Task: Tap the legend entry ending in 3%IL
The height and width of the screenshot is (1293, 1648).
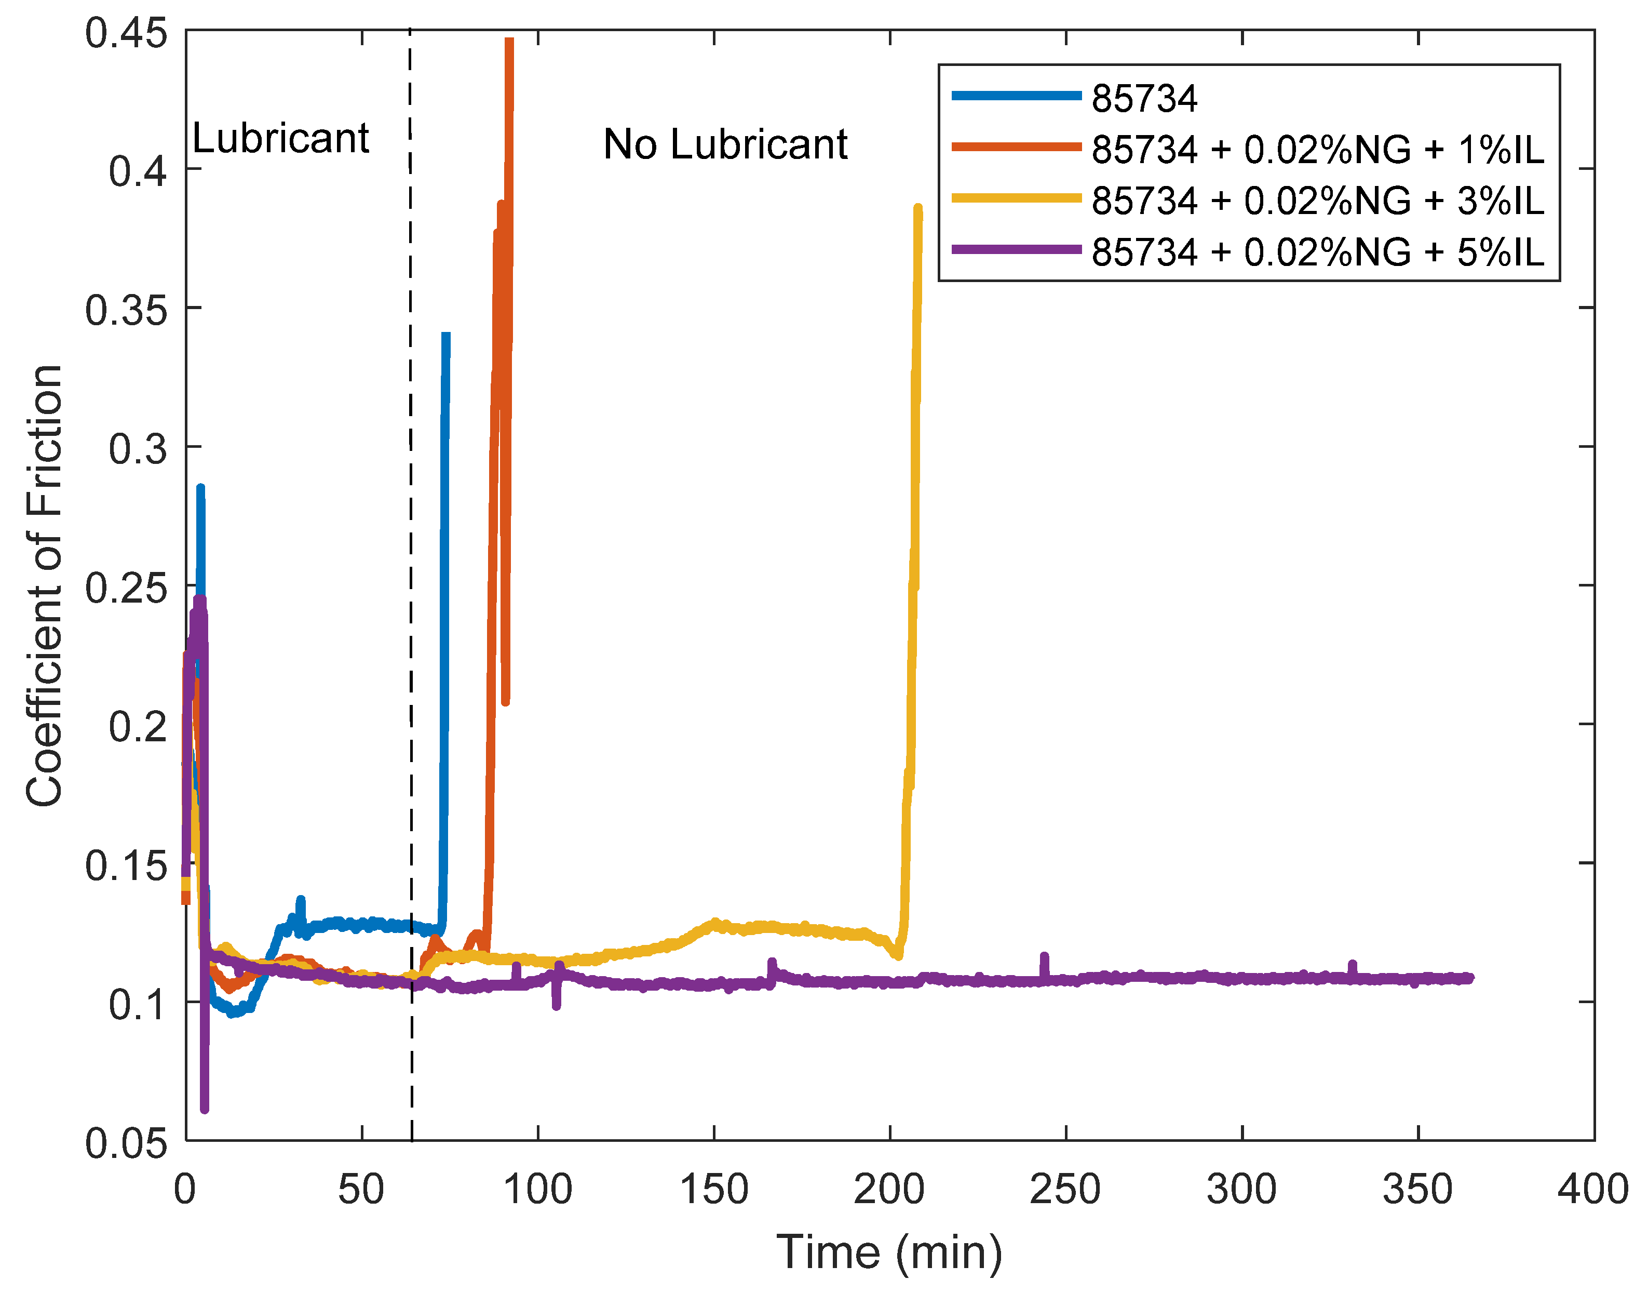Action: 1317,201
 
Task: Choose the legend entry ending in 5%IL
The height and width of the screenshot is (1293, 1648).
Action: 1317,251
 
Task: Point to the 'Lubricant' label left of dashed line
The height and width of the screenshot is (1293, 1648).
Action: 280,139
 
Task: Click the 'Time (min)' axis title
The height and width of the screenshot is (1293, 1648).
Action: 889,1251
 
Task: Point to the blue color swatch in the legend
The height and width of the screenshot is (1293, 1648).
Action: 1016,96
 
